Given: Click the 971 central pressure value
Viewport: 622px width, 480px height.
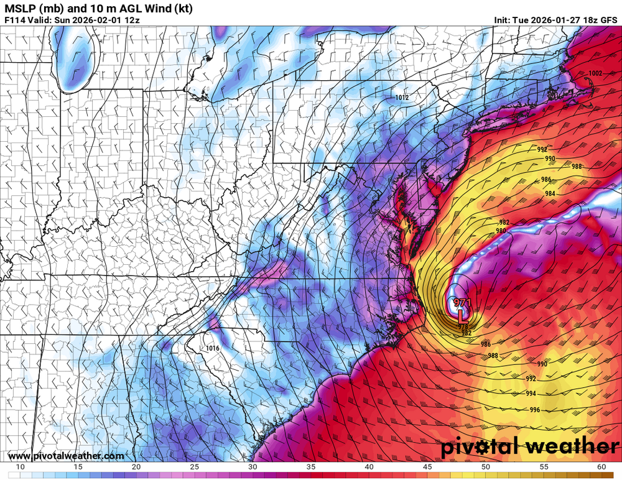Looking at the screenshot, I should [x=462, y=303].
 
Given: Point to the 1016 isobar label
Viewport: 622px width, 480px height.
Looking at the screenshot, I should [x=212, y=349].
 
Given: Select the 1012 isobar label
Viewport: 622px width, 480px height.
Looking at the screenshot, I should [x=402, y=98].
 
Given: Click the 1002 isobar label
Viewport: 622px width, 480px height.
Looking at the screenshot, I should [x=595, y=73].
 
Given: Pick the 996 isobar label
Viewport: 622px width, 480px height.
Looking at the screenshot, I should [x=535, y=409].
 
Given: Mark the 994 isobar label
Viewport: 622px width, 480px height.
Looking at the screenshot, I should [x=531, y=394].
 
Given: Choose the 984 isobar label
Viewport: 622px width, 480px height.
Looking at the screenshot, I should [x=550, y=193].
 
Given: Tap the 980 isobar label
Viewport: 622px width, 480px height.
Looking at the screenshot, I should [x=501, y=231].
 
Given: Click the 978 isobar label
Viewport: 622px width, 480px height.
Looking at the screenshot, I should [x=463, y=327].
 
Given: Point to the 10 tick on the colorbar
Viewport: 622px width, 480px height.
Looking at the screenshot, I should [x=20, y=466].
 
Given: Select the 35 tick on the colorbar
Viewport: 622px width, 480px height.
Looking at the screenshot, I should [x=310, y=466].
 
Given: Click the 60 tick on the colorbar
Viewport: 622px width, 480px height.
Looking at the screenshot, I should [x=601, y=466].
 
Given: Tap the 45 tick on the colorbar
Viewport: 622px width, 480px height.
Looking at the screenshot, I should [x=427, y=466].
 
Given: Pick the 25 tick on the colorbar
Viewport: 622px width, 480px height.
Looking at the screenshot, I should [x=194, y=466].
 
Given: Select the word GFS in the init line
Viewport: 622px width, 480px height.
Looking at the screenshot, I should [x=608, y=20].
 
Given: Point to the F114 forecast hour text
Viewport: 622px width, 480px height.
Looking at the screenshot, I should [x=15, y=20].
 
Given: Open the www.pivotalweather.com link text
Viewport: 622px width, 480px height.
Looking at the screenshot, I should [x=65, y=456].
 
